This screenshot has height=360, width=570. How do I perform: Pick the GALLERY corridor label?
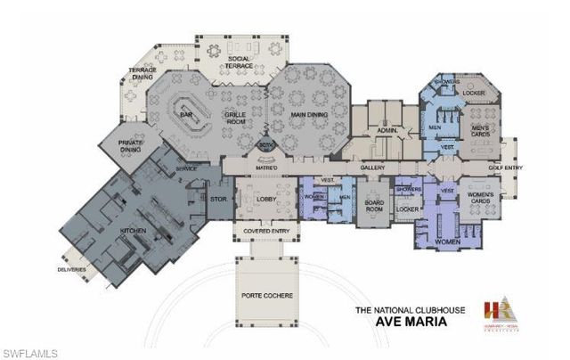tap(371, 168)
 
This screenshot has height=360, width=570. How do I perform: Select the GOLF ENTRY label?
tap(505, 168)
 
